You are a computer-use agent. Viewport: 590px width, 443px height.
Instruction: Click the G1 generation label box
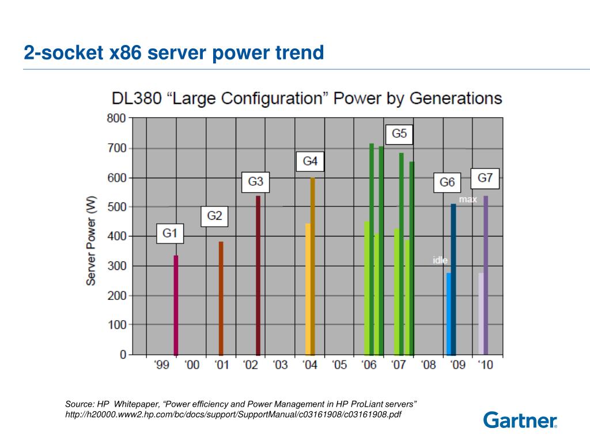pos(169,234)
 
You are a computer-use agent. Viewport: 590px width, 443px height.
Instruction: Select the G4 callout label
pos(310,162)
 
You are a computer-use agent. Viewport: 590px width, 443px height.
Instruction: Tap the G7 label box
pos(485,178)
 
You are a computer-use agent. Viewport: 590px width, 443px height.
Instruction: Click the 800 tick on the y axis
pos(116,119)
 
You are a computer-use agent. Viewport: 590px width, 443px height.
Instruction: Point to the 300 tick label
pos(116,266)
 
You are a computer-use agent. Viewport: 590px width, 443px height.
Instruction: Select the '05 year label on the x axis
pos(339,365)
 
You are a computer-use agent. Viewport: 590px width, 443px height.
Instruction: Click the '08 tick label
pos(428,365)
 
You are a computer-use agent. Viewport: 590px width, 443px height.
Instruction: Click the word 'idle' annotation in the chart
pos(440,261)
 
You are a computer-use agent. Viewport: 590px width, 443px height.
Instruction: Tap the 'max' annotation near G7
pos(468,200)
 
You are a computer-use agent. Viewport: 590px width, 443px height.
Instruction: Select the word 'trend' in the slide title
pos(299,53)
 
